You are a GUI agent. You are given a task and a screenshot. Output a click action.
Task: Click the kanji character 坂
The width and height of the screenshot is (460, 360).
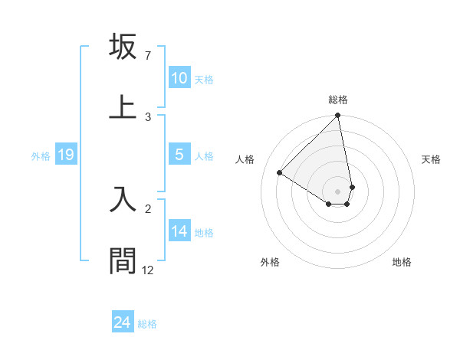[x=123, y=47]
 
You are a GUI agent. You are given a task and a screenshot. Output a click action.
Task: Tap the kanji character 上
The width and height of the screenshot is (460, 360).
[x=123, y=106]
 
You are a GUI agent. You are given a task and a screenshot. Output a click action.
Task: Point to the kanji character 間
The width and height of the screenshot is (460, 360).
[x=123, y=260]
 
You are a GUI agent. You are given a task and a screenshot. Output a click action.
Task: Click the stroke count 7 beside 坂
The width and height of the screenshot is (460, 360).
[x=147, y=57]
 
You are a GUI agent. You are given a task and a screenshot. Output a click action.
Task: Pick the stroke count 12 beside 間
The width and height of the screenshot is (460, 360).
[x=148, y=270]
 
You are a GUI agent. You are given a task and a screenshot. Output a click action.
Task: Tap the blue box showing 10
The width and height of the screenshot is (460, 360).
[x=179, y=78]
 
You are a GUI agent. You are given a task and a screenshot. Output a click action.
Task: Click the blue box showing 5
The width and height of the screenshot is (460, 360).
[x=179, y=155]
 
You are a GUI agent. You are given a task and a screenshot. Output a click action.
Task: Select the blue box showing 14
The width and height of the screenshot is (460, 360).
[x=179, y=231]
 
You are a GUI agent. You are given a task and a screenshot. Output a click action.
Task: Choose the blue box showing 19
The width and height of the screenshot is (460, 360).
[x=66, y=155]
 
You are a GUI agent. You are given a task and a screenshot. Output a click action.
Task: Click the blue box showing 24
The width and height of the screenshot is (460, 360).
[x=122, y=322]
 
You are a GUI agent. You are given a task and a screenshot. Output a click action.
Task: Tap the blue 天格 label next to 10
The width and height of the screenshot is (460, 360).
[x=204, y=80]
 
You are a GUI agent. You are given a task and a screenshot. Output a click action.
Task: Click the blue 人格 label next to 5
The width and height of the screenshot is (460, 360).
[x=204, y=156]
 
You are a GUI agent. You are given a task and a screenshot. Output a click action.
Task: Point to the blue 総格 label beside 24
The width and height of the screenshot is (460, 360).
[x=147, y=324]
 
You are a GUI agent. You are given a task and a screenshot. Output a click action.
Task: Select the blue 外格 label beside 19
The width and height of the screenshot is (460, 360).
[x=41, y=156]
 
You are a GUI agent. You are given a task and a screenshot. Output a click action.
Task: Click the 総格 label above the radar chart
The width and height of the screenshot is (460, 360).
[x=338, y=100]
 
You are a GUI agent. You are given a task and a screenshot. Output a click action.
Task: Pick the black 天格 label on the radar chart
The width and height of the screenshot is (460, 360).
[x=432, y=159]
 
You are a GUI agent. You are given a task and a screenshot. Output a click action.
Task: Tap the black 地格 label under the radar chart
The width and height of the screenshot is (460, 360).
[x=402, y=262]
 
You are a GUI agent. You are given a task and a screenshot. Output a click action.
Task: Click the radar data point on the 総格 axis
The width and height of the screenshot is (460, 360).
[x=338, y=116]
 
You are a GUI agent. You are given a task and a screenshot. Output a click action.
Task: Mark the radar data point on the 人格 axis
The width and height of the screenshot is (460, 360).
[x=280, y=173]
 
